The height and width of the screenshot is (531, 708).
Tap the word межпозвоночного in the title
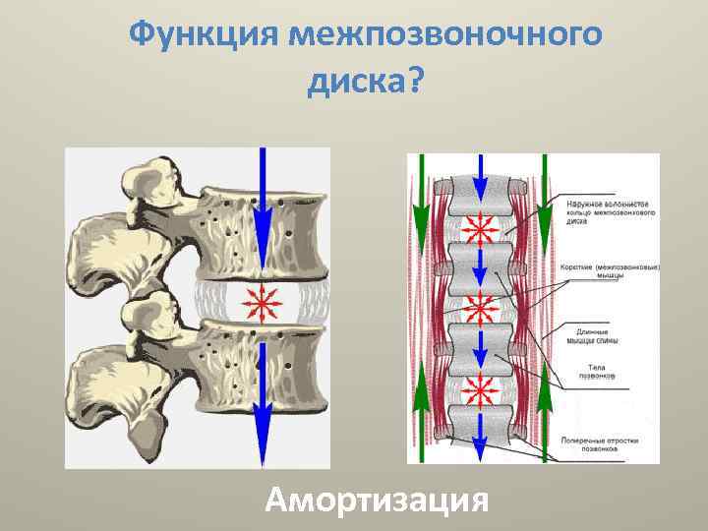(444, 35)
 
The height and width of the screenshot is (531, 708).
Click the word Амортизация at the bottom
(378, 501)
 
